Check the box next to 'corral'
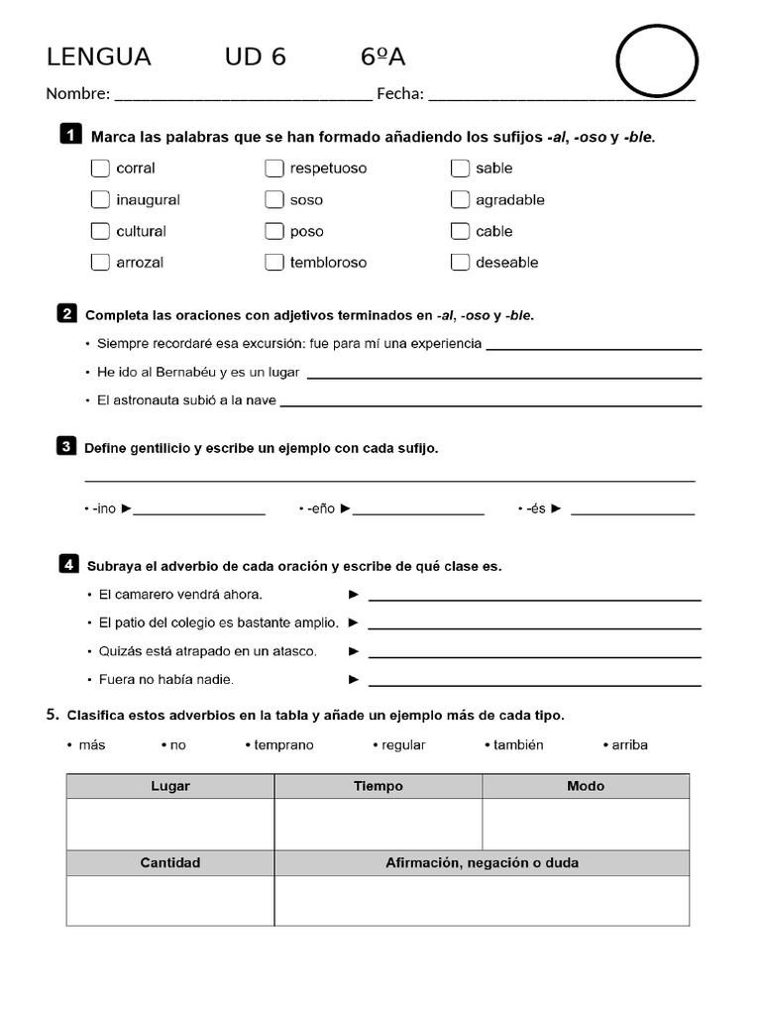(100, 168)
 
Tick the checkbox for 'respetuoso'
(274, 168)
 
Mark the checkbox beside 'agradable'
(460, 199)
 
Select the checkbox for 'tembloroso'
(274, 263)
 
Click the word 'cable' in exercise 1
(493, 231)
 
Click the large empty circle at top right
(657, 61)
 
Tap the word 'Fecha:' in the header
(400, 94)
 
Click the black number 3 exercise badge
(66, 446)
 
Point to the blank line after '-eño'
(418, 512)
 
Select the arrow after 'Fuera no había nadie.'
(354, 680)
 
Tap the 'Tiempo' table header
(379, 786)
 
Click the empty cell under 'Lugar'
(170, 824)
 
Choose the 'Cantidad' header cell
(170, 862)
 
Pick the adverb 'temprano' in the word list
(283, 744)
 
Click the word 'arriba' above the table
(629, 744)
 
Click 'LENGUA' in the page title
(99, 57)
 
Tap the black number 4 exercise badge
(68, 565)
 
